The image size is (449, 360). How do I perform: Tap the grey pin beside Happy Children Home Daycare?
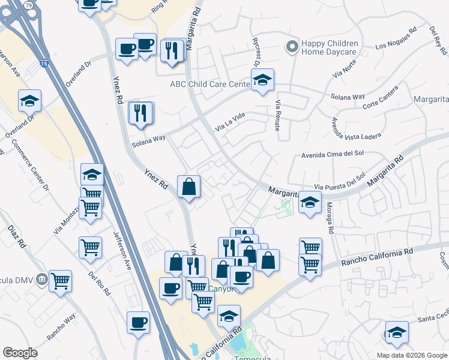292,47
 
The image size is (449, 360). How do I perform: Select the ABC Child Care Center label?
209,84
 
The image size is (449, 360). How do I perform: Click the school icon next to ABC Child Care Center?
262,81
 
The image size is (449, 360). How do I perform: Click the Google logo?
20,353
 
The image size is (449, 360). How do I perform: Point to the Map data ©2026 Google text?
411,355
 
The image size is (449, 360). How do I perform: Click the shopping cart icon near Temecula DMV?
60,280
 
